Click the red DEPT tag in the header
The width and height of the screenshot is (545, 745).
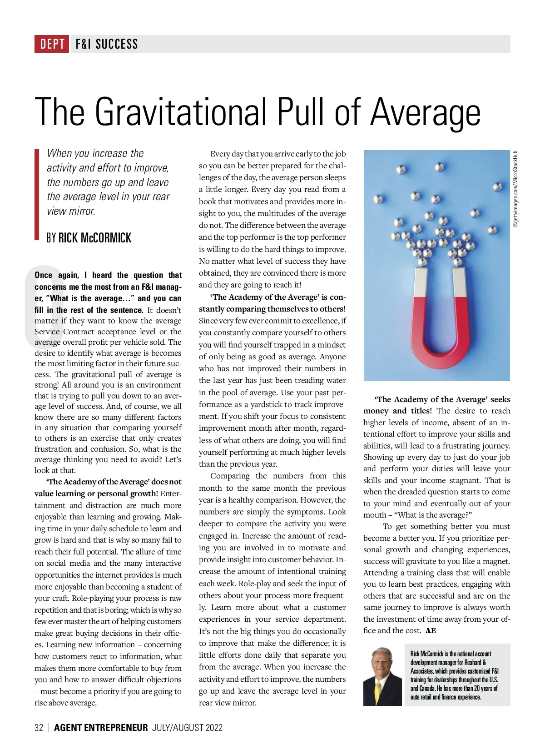pyautogui.click(x=52, y=44)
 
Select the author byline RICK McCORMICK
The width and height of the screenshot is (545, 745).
pyautogui.click(x=95, y=238)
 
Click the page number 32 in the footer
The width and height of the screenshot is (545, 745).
pyautogui.click(x=39, y=727)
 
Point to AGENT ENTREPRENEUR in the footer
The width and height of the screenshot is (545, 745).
pyautogui.click(x=101, y=727)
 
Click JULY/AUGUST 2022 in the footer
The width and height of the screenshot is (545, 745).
pyautogui.click(x=187, y=727)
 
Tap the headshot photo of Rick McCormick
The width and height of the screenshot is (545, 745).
pyautogui.click(x=382, y=675)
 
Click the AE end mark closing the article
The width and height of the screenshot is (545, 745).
pyautogui.click(x=431, y=631)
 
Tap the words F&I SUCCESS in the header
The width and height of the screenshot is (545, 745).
pyautogui.click(x=107, y=44)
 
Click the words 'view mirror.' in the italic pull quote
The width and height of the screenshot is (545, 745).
pyautogui.click(x=71, y=211)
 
